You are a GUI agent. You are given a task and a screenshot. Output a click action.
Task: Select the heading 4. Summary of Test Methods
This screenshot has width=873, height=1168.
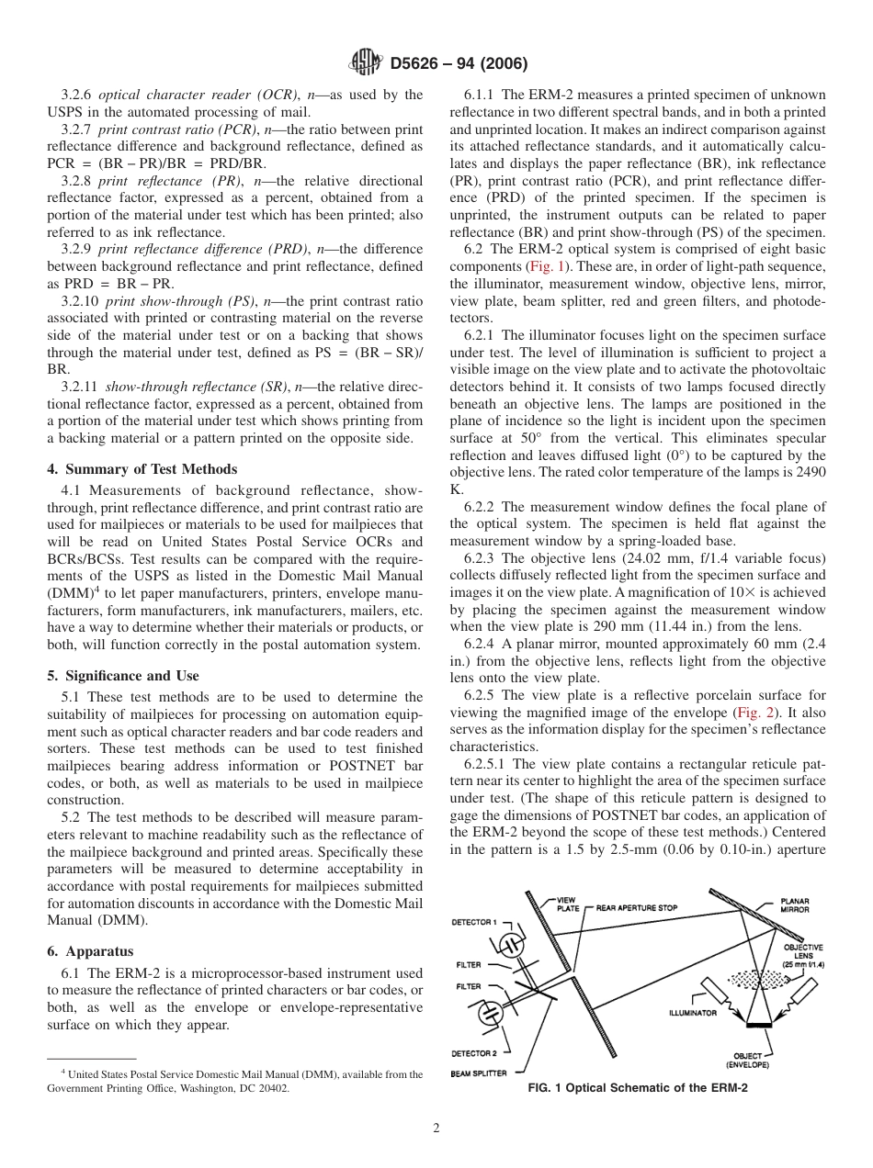[x=142, y=469]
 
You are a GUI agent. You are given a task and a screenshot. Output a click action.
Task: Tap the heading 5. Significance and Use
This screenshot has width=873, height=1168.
[x=122, y=676]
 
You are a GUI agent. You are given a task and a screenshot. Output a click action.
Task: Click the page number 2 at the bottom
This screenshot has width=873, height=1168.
[x=436, y=1129]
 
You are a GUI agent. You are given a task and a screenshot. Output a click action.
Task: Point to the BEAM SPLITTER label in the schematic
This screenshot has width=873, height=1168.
[x=480, y=1073]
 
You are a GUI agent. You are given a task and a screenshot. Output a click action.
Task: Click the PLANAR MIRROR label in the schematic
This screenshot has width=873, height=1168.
[x=794, y=904]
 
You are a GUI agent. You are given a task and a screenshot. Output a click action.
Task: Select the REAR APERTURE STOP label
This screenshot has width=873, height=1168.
[x=637, y=908]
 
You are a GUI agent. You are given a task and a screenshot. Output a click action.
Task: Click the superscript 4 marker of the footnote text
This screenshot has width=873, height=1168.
[x=62, y=1072]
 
